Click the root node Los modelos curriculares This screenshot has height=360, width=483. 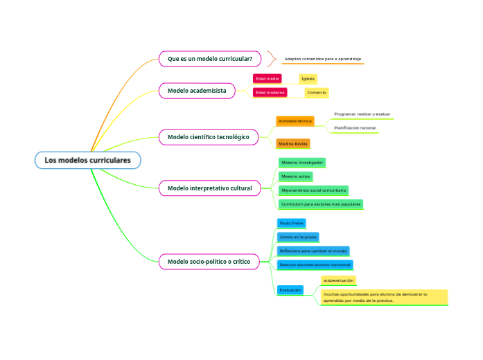point(87,161)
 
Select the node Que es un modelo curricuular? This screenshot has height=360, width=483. point(210,59)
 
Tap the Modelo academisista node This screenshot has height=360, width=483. point(197,91)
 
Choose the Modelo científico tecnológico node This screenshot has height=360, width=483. point(208,137)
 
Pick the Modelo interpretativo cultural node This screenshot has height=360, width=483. point(210,188)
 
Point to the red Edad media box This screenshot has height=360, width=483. point(267,79)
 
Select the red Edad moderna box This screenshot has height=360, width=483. point(270,92)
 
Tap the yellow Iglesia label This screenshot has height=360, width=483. point(308,79)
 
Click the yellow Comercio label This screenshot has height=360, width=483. point(317,92)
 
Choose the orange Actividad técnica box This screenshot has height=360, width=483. point(295,121)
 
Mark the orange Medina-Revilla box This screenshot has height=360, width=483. point(292,143)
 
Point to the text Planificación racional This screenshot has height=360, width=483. point(355,128)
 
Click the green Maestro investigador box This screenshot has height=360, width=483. point(301,162)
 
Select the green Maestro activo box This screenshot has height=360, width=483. point(295,177)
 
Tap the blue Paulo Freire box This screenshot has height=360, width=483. point(291,223)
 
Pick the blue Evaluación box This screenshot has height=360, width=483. point(290,290)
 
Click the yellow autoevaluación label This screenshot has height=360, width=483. point(338,280)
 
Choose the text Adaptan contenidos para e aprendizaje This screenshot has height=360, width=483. point(322,59)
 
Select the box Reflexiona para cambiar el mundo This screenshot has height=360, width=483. point(313,251)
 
